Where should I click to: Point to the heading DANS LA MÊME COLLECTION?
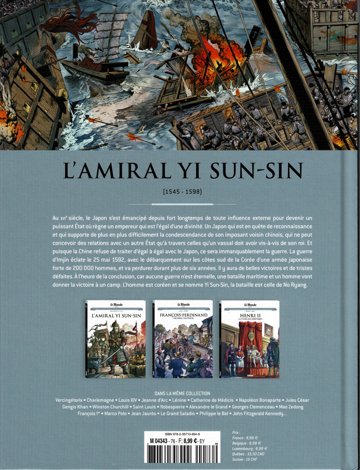tap(180, 393)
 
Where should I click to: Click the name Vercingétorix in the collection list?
tap(69, 400)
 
